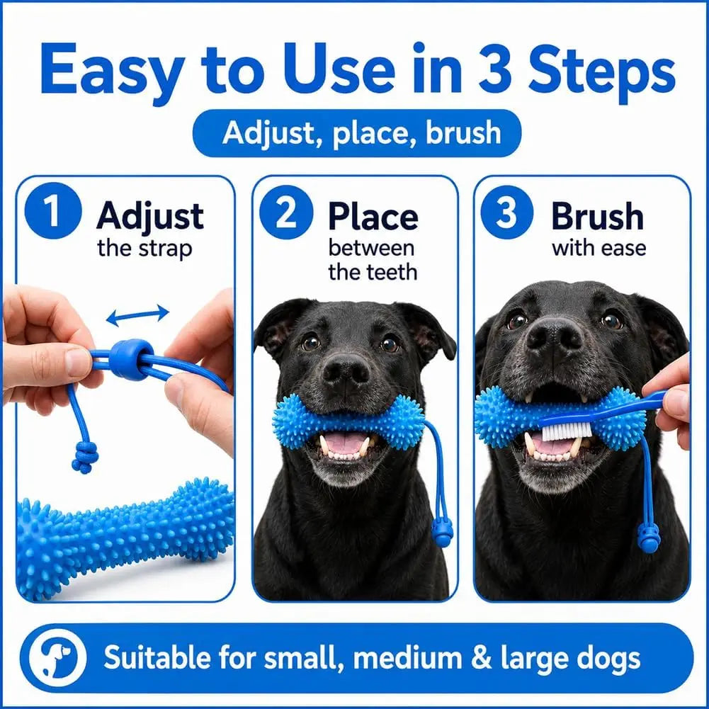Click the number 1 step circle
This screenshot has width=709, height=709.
point(53,210)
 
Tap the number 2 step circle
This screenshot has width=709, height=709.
point(286,212)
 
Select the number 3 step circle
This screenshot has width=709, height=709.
point(506,212)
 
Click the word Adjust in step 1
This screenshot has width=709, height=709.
point(149,217)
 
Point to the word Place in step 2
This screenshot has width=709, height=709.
point(373,217)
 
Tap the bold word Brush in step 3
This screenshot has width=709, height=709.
point(597,217)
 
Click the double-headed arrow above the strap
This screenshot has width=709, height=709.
point(138,314)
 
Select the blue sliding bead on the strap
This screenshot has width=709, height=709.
point(130,360)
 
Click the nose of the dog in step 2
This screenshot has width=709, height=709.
point(346,370)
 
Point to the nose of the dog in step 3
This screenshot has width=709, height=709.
point(555,336)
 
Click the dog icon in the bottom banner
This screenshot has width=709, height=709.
point(57,657)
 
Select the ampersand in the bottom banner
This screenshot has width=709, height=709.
point(481,658)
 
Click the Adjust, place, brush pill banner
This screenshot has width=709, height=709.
point(357,133)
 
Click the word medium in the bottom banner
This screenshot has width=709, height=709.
point(407,658)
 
